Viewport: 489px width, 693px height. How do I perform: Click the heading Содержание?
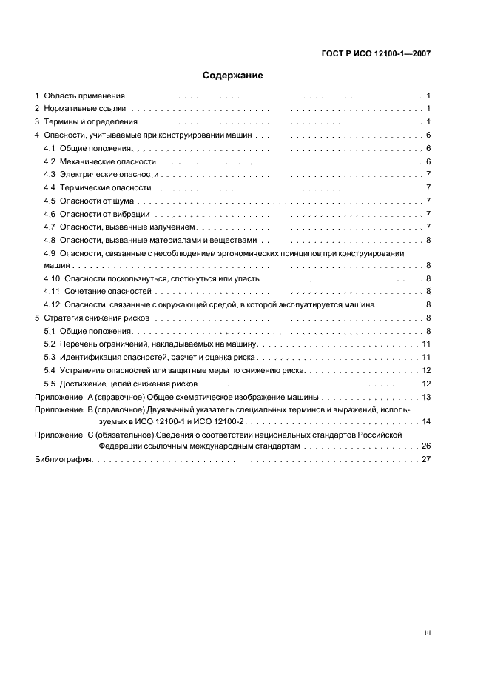pos(232,75)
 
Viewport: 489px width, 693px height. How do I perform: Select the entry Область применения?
pos(86,96)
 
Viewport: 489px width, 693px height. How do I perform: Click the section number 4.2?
pos(50,161)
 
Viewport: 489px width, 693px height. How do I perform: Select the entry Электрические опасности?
pos(109,174)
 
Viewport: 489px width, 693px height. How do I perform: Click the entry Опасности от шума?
pos(97,201)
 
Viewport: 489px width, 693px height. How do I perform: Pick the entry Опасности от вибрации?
pos(104,214)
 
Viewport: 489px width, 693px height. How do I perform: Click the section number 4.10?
pos(53,278)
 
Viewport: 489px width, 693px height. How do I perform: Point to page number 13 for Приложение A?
pos(426,397)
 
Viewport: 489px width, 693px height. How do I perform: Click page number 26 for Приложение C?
pos(426,446)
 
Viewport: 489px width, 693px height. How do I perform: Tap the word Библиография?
pos(63,460)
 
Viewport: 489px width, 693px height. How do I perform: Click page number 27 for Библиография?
pos(426,460)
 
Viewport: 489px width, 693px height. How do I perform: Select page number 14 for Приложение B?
pos(426,421)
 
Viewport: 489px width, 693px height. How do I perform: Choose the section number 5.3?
pos(50,357)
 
